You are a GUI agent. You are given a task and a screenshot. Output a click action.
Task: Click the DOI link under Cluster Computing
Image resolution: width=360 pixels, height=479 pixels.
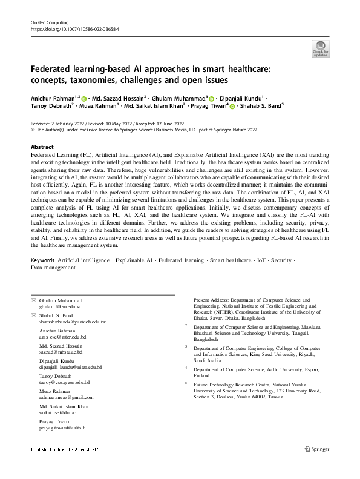click(74, 29)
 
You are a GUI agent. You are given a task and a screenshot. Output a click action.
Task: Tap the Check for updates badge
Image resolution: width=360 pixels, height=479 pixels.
click(320, 48)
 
